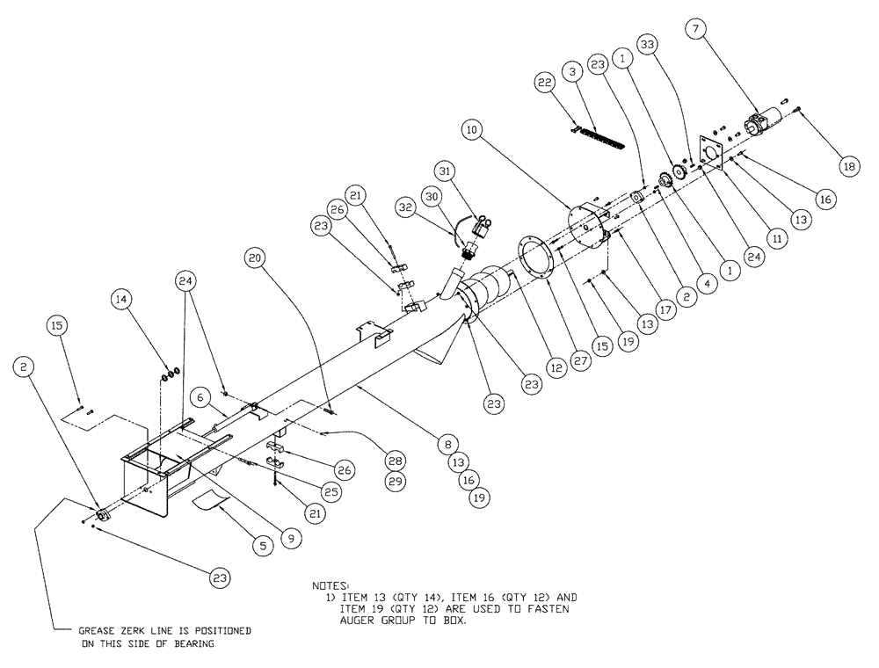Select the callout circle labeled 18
848,165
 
